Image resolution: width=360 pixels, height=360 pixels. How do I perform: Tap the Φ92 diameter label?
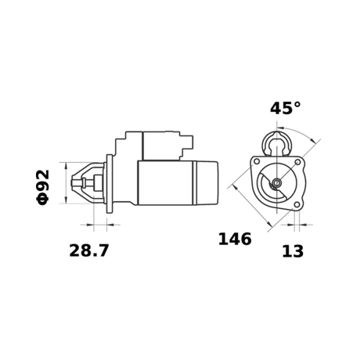(x=43, y=185)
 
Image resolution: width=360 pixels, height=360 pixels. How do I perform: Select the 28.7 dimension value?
(x=88, y=250)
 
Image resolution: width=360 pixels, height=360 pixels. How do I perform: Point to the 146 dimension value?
(x=234, y=239)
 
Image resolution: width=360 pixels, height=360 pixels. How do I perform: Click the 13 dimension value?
(x=293, y=250)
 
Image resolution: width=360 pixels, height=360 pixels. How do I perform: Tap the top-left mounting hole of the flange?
(x=256, y=162)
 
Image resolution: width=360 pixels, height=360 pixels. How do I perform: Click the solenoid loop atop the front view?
(x=276, y=142)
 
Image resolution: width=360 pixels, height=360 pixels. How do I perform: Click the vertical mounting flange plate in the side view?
(x=108, y=184)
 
